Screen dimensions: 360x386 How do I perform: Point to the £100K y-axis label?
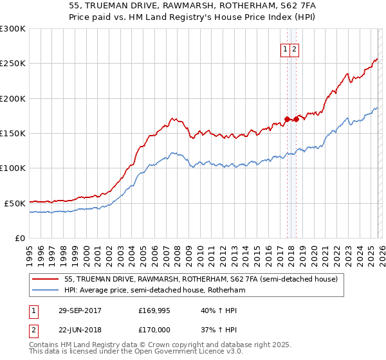(x=13, y=168)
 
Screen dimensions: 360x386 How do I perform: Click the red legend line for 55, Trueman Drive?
(x=45, y=279)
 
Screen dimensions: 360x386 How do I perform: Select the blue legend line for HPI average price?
(x=45, y=291)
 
